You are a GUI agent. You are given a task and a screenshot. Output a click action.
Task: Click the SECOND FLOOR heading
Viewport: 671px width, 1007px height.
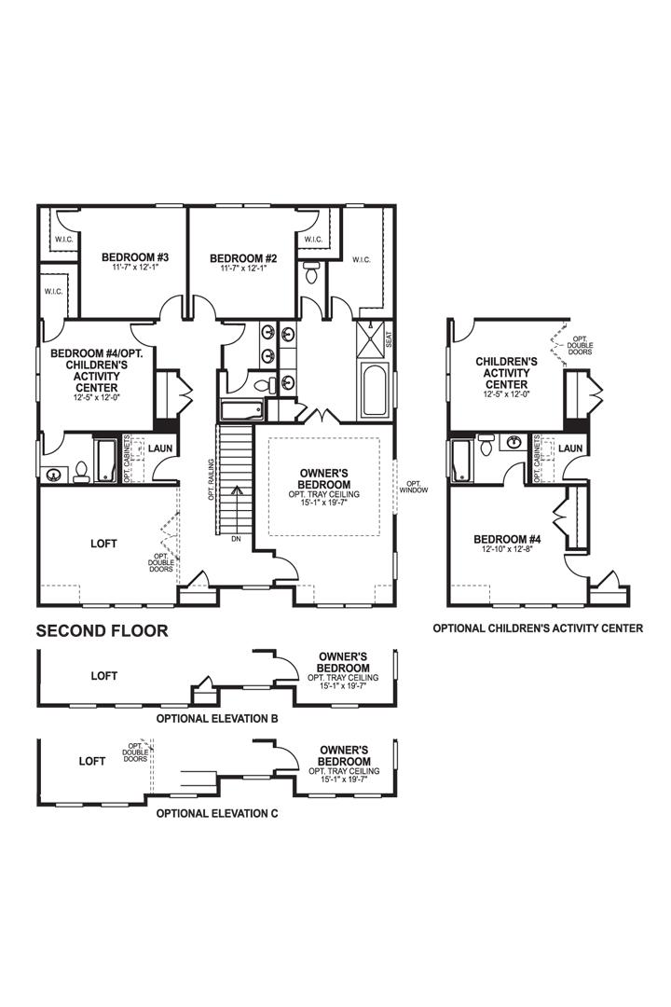pos(102,631)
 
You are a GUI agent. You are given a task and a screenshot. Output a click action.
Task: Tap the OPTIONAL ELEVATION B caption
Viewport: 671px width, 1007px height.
pos(216,720)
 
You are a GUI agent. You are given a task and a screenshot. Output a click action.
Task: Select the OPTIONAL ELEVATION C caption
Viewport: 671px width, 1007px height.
pos(216,813)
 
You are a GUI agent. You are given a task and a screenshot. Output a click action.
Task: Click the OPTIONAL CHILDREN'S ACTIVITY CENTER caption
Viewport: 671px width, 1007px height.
pos(538,628)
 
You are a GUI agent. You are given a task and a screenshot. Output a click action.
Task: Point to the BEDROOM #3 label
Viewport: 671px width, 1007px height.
pos(135,257)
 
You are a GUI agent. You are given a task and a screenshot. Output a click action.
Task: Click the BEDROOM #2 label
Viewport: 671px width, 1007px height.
pos(243,257)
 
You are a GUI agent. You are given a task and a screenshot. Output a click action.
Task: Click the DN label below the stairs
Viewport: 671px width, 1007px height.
pos(237,539)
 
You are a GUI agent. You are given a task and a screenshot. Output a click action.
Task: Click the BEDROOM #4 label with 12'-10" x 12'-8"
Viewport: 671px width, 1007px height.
pos(502,539)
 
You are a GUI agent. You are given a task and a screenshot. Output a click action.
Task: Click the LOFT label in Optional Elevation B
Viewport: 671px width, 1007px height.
pos(103,675)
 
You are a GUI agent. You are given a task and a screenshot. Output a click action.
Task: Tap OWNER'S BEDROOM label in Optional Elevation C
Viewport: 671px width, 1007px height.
pos(344,755)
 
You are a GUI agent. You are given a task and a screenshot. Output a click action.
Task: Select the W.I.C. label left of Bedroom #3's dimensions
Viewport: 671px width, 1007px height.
pos(52,292)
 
